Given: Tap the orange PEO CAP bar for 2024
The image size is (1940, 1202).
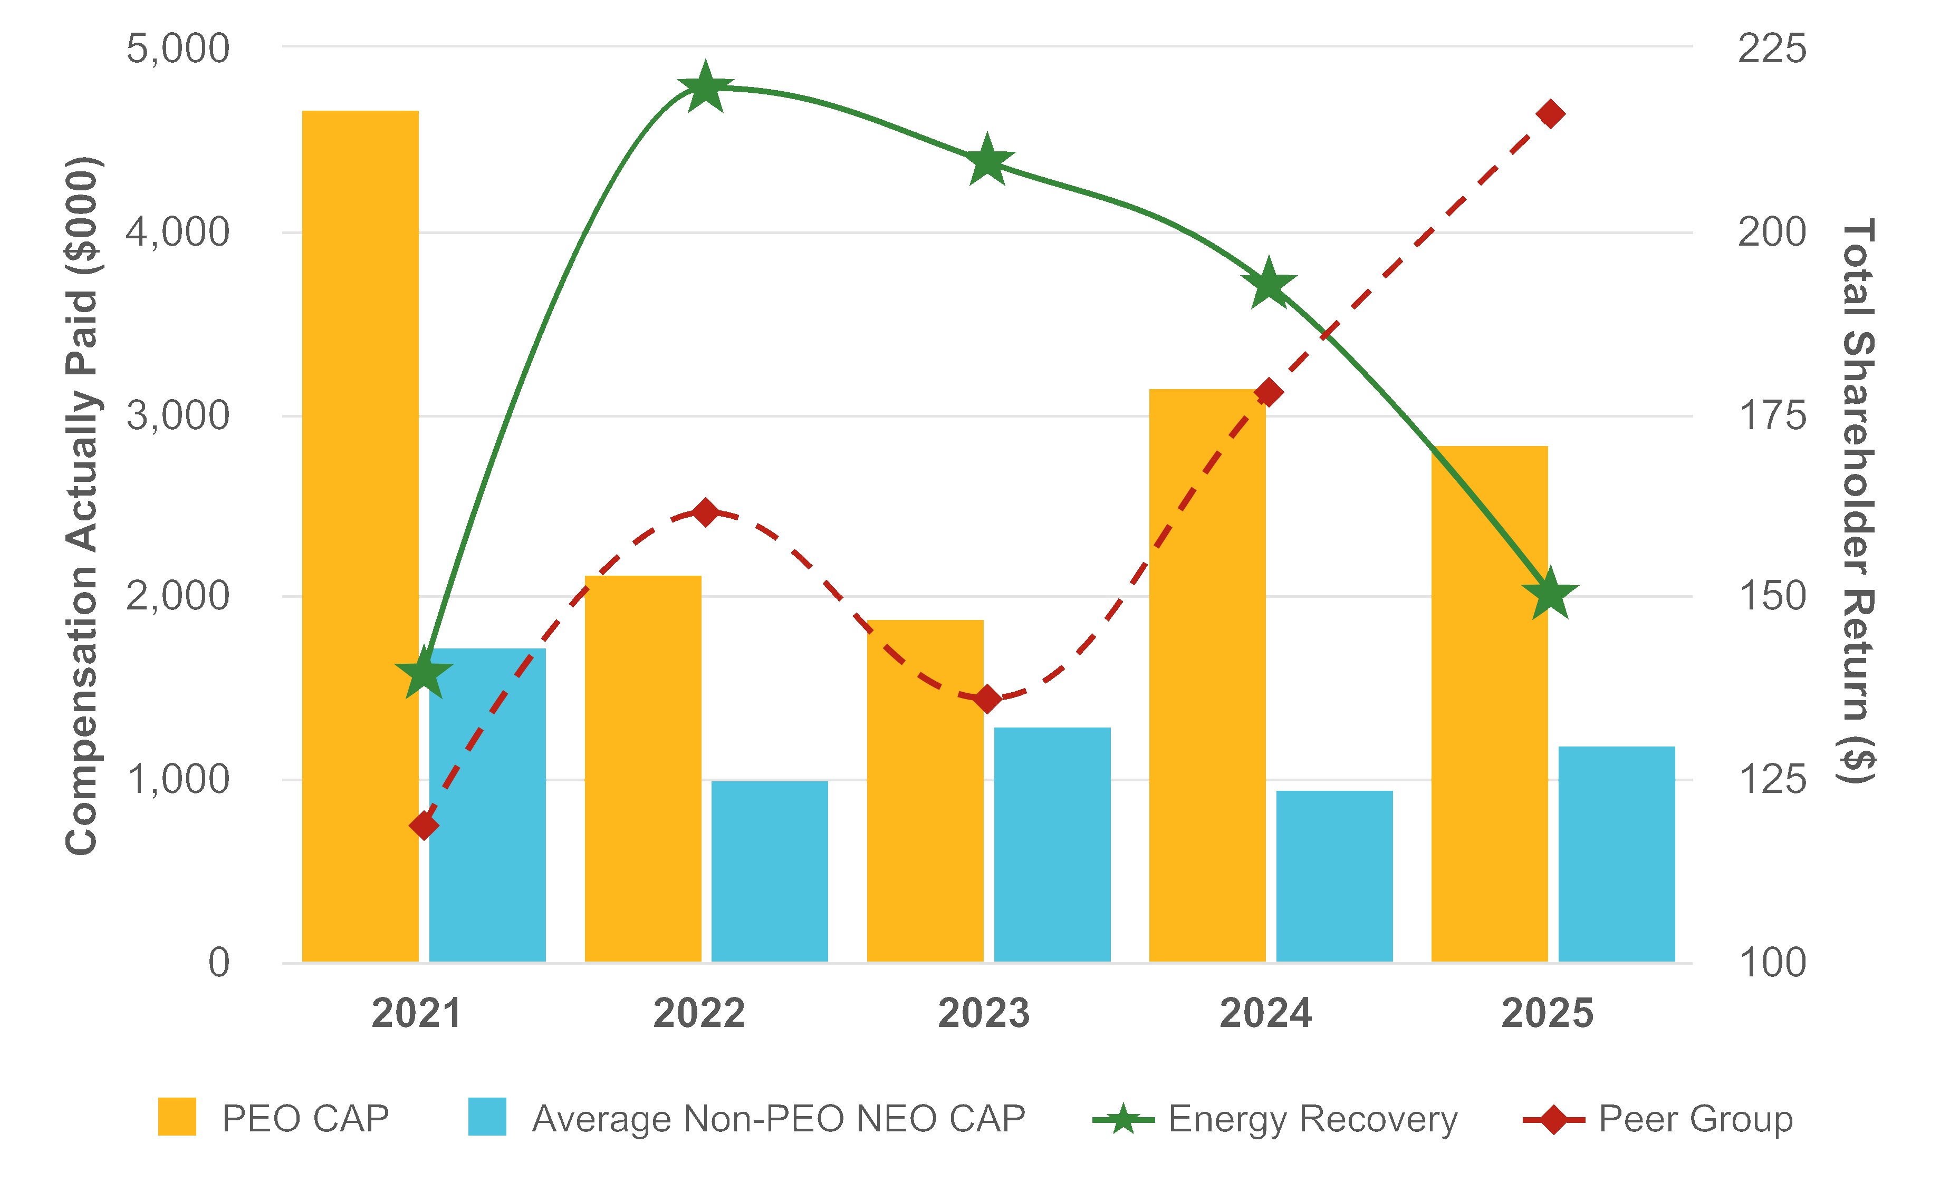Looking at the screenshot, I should point(1207,676).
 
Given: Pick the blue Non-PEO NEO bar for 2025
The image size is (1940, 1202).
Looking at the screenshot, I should point(1616,854).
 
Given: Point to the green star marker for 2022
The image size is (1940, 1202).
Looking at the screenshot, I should point(705,88).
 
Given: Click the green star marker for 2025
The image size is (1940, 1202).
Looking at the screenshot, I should point(1550,593).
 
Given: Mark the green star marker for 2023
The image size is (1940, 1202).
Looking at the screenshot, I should point(986,161).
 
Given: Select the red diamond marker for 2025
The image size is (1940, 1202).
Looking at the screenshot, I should point(1550,114).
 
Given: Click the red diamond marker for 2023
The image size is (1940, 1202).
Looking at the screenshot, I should point(987,700).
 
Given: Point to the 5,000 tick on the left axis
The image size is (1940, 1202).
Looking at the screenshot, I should point(177,47).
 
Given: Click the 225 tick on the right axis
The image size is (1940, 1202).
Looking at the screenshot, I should point(1772,47).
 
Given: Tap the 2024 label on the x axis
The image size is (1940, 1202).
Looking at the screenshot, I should point(1265,1014).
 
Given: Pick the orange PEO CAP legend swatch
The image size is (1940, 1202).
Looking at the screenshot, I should point(177,1117).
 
